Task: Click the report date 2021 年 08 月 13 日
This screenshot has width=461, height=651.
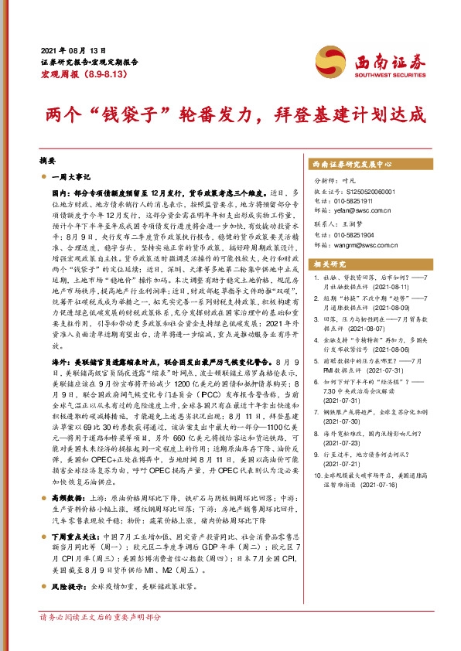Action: (71, 50)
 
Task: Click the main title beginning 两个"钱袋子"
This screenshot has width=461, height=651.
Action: (230, 115)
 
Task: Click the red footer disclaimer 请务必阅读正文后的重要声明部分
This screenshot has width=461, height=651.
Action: (101, 619)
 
